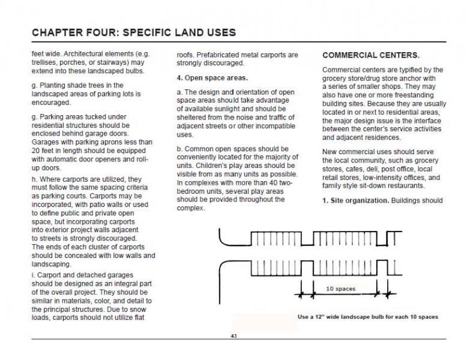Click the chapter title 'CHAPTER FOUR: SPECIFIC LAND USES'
click(x=133, y=32)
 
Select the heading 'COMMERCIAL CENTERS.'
click(x=370, y=55)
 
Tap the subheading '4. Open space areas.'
click(x=212, y=78)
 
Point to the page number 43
click(x=233, y=336)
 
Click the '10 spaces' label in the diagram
click(x=340, y=289)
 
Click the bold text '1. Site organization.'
click(x=355, y=200)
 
